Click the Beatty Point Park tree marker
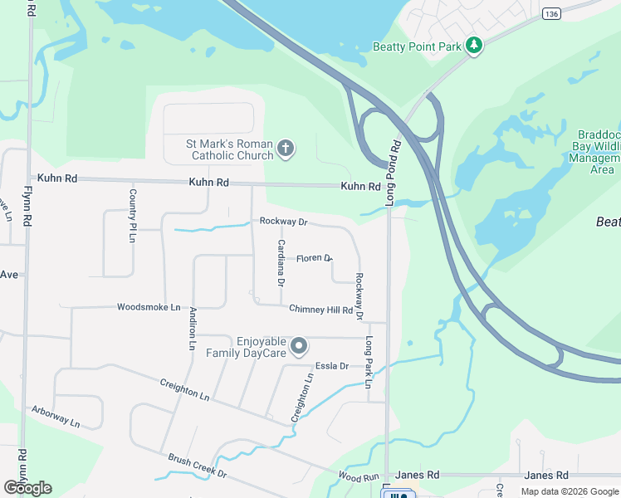(474, 46)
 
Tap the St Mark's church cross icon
(285, 149)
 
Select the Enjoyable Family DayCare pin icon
(300, 346)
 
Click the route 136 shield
(550, 14)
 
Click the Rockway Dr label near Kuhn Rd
(283, 222)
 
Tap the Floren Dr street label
(315, 259)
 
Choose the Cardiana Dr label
(281, 263)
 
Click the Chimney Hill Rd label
(320, 310)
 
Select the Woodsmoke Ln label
(149, 307)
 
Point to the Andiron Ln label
(193, 327)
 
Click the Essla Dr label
(330, 365)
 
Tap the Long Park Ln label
(368, 362)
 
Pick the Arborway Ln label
(56, 416)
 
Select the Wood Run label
(359, 476)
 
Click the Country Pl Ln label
(132, 215)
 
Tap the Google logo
(27, 488)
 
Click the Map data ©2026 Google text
(569, 491)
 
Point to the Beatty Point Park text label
(417, 47)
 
